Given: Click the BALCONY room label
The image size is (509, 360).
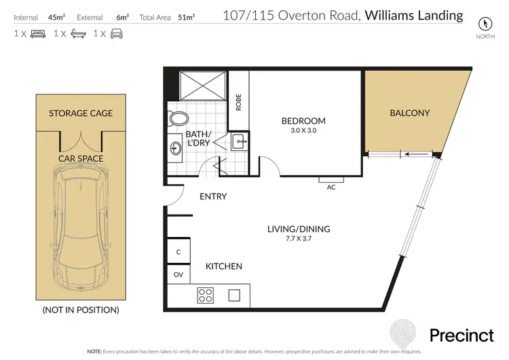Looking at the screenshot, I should click(x=409, y=113).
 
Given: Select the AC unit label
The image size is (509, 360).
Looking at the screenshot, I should click(x=332, y=187).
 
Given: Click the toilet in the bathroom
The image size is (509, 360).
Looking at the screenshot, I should click(x=179, y=119).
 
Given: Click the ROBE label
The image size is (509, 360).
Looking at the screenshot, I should click(x=238, y=102).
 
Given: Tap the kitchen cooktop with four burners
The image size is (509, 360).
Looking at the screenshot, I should click(x=206, y=295).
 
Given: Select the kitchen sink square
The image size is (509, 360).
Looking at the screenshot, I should click(x=235, y=295).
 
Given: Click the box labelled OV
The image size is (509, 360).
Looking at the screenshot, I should click(x=179, y=275).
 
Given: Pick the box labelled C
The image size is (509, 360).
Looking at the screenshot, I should click(x=178, y=252).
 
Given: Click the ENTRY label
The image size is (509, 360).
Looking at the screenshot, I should click(x=212, y=197).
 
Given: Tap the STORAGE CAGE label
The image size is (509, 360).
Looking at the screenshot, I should click(x=81, y=113).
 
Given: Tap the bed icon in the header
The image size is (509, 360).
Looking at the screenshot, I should click(x=38, y=33).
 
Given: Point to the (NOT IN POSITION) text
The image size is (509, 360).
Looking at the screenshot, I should click(x=81, y=310).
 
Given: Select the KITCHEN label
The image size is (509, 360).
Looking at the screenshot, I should click(x=224, y=266).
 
